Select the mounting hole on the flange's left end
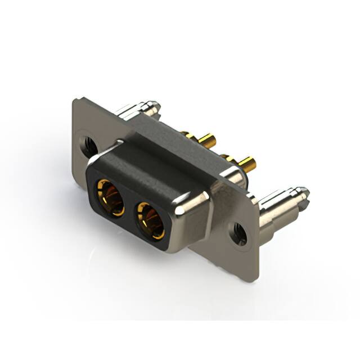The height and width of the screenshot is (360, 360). click(x=88, y=145)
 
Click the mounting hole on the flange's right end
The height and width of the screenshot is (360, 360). click(x=238, y=233)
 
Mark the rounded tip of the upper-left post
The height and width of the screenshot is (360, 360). click(x=155, y=106)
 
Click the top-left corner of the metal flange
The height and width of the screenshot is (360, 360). click(x=76, y=101)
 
